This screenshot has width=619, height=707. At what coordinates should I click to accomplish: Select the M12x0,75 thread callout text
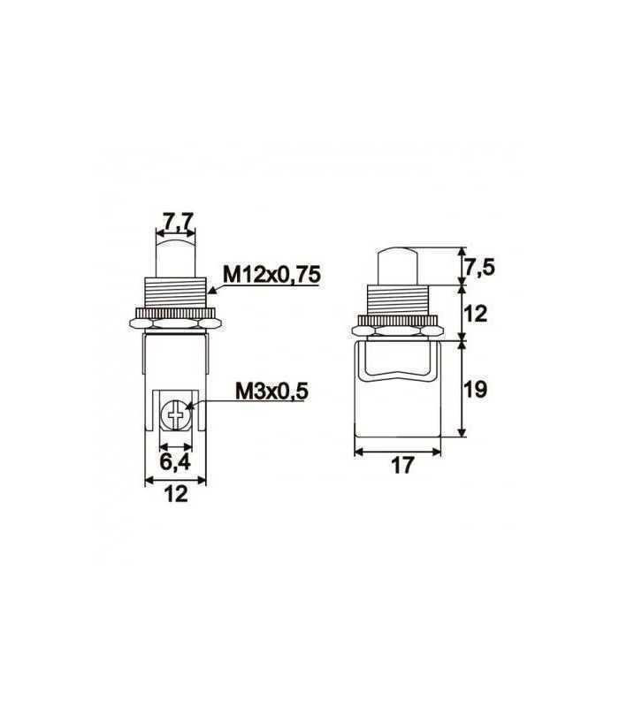(271, 276)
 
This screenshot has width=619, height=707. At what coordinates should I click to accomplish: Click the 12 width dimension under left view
(175, 496)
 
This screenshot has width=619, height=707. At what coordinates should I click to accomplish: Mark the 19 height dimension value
(478, 389)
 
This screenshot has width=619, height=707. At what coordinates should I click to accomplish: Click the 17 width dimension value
(402, 466)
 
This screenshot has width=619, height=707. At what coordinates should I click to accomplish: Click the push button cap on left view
(175, 256)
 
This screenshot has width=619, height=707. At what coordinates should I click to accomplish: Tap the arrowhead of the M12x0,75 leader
(209, 289)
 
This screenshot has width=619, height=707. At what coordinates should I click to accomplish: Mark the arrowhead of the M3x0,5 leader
(187, 408)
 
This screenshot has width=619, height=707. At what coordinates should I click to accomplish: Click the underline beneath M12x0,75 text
(271, 285)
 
